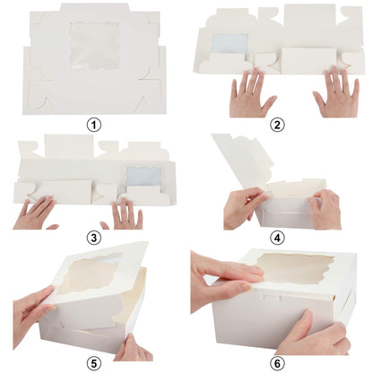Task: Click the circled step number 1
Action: click(x=92, y=125)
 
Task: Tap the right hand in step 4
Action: click(x=325, y=208)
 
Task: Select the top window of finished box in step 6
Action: click(x=295, y=268)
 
